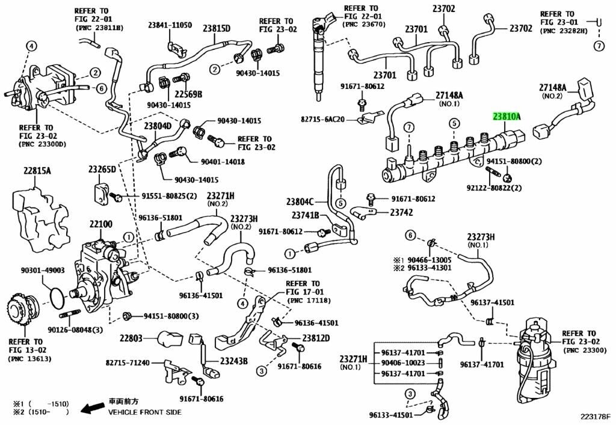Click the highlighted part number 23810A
[507, 117]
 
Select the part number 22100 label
[101, 224]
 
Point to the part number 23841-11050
[170, 25]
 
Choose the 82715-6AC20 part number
[322, 120]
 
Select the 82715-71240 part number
[128, 363]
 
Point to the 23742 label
[401, 213]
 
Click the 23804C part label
[300, 202]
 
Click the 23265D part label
[102, 170]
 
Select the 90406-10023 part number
[402, 363]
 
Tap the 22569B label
[188, 94]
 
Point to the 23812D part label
[316, 338]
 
